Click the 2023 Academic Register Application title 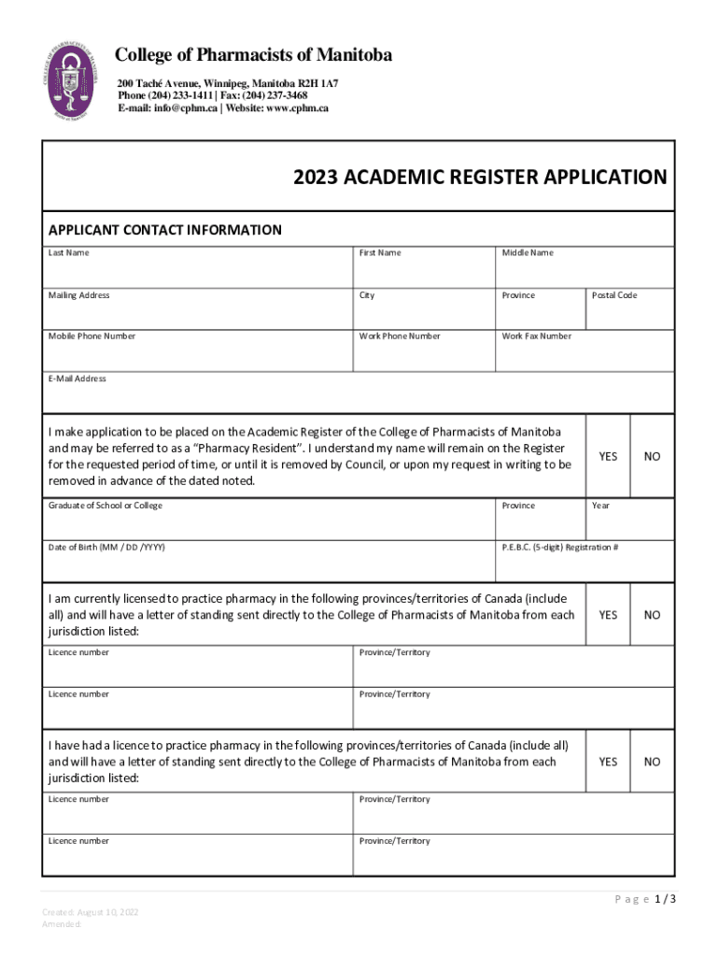[480, 178]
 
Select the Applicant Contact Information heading [164, 230]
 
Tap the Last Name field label [69, 253]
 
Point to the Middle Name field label [528, 253]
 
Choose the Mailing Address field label [78, 295]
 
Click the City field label [367, 295]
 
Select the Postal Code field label [614, 295]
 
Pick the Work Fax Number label [536, 336]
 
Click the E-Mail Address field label [77, 379]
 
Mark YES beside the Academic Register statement [608, 457]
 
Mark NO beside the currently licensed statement [652, 615]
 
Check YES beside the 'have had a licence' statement [608, 762]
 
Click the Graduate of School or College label [105, 506]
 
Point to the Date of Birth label [106, 547]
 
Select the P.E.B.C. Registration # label [559, 547]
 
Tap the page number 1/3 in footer [665, 899]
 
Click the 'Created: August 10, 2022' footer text [90, 912]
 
